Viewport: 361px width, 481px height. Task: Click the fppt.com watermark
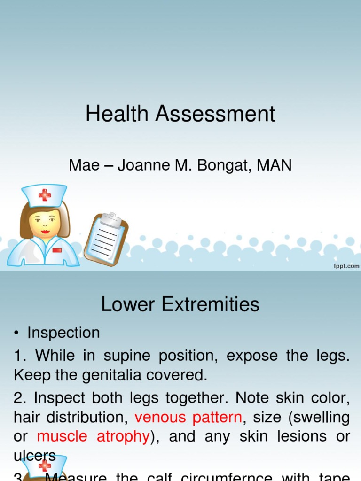[x=346, y=266]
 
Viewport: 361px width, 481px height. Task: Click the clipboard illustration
[x=106, y=238]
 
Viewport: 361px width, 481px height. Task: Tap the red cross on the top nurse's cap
[x=45, y=194]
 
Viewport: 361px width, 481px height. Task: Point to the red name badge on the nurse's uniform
[x=57, y=250]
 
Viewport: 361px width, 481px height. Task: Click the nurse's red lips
[x=45, y=232]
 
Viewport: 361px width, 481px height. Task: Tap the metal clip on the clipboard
[x=111, y=218]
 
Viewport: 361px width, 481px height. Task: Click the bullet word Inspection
[x=63, y=333]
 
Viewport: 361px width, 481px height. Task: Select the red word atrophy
[x=123, y=436]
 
